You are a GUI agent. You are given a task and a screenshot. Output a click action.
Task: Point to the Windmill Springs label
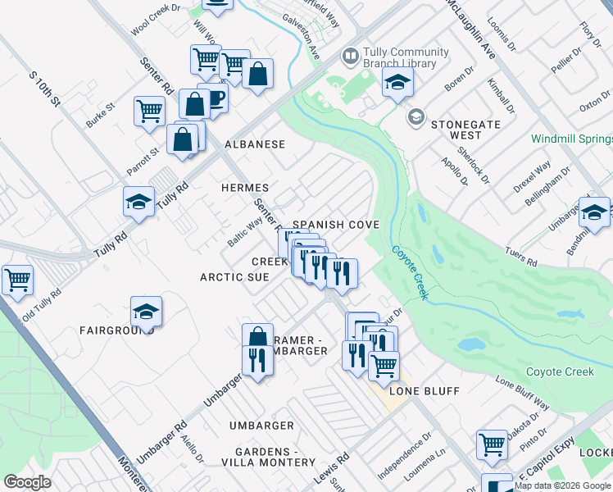pos(571,139)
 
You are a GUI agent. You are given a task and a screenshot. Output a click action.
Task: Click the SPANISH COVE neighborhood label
pos(336,224)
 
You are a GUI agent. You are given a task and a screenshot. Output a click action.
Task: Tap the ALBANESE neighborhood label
pos(256,144)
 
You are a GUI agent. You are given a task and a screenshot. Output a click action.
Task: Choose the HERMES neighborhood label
pos(245,188)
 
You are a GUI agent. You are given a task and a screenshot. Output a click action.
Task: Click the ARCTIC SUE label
pos(235,277)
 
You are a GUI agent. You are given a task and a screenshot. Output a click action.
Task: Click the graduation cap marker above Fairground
pos(146,313)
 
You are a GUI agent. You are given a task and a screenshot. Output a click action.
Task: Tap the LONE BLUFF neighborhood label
pos(424,391)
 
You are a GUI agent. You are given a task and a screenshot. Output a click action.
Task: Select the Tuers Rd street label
pos(520,257)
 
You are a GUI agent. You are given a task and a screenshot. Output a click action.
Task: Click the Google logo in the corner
pos(27,482)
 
